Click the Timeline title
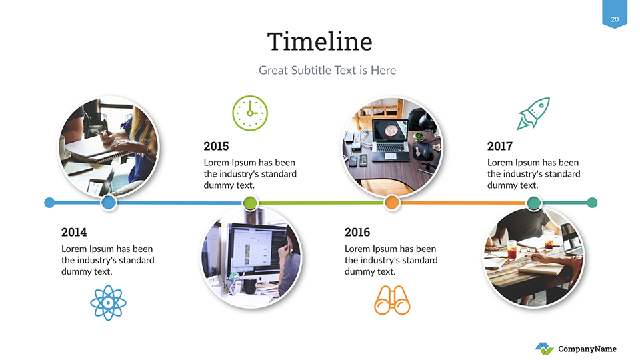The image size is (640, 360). pos(319,41)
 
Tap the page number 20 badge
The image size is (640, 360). pos(615,15)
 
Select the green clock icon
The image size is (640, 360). pos(250,113)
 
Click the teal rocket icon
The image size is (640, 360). pos(533,113)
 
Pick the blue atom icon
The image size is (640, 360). pos(108,303)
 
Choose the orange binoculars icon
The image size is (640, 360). pos(392,301)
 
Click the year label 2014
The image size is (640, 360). pos(74,232)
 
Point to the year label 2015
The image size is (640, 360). pos(216,146)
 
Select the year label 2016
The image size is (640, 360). pos(357,232)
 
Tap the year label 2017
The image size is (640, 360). pos(499,146)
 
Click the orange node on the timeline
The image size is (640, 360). pos(392,203)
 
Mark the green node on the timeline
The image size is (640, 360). pos(250,203)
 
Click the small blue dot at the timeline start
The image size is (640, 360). pos(49,203)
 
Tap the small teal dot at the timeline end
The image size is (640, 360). pos(592,203)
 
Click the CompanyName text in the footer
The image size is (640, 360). pos(587,349)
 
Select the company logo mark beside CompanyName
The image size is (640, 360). pos(545,349)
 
